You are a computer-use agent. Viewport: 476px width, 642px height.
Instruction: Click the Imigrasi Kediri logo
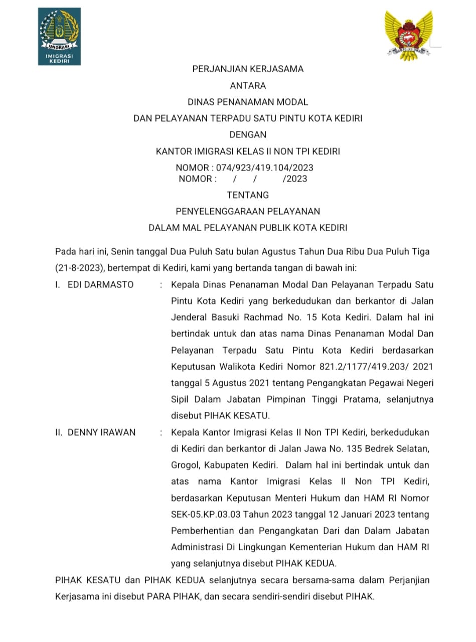tap(59, 36)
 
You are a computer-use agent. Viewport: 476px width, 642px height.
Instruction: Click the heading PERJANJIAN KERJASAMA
tap(248, 69)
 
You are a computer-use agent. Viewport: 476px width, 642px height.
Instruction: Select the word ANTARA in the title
tap(248, 86)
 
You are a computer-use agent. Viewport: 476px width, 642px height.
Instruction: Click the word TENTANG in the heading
tap(248, 195)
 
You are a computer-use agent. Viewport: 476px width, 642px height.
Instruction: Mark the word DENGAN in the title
tap(248, 134)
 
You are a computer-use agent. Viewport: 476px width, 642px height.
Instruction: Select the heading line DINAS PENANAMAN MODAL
tap(248, 102)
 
